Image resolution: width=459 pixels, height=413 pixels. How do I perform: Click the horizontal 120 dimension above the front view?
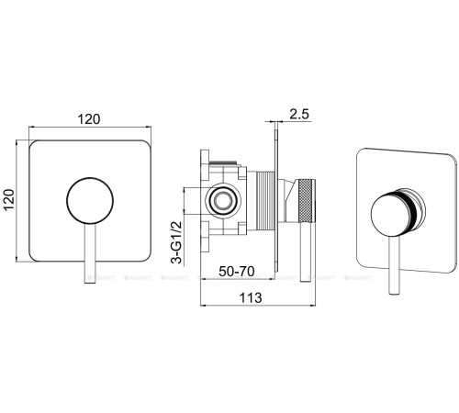[x=89, y=119]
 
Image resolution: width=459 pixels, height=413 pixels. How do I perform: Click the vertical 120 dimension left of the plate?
[x=9, y=200]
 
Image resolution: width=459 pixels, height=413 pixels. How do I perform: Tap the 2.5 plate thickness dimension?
[x=299, y=114]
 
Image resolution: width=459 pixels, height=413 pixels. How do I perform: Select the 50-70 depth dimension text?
[x=237, y=271]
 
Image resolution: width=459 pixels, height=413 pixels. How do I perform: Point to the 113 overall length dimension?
[x=251, y=297]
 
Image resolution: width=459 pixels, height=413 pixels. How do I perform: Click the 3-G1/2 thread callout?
[x=177, y=242]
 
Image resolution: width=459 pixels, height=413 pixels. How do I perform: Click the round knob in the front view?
[x=90, y=201]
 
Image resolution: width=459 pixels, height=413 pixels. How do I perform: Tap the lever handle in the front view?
[x=90, y=254]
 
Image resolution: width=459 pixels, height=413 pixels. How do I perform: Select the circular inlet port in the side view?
[x=223, y=201]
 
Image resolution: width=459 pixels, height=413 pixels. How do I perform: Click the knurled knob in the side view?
[x=307, y=200]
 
